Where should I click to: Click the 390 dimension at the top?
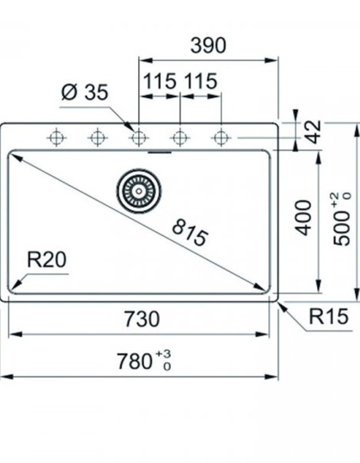coord(208,46)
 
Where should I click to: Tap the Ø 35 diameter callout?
coord(85,93)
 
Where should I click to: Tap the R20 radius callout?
coord(46,260)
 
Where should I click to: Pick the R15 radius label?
coord(326,317)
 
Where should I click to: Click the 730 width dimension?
coord(141,319)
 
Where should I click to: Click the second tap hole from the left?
coord(97,138)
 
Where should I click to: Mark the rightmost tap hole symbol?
coord(221,138)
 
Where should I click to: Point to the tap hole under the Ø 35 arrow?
coord(138,138)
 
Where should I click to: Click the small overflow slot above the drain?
coord(159,152)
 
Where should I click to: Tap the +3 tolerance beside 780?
coord(163,354)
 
